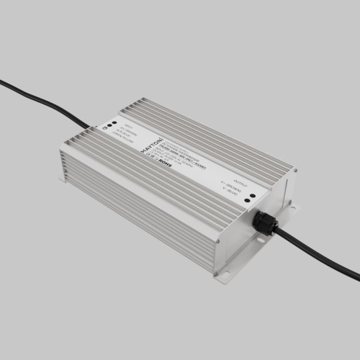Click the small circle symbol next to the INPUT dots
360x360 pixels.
tap(105, 126)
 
